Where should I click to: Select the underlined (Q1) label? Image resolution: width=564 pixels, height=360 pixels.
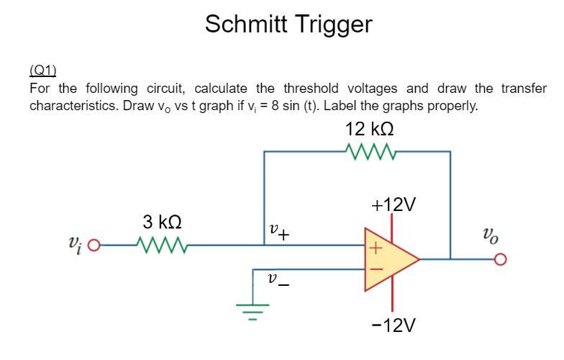coord(42,70)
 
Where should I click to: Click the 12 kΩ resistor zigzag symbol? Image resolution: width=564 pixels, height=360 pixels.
coord(369,151)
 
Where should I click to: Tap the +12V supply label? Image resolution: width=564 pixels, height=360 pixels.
coord(394,204)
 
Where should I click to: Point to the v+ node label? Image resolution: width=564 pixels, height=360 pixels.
coord(278,232)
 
